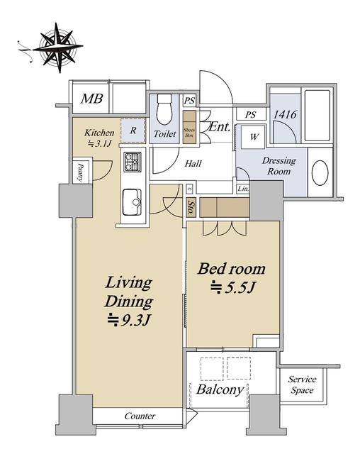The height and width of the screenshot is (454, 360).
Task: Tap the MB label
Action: point(92,99)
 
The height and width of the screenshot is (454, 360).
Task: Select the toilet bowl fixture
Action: point(164,109)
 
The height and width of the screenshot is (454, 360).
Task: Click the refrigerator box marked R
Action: point(133,131)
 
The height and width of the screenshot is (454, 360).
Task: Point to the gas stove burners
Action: point(133,162)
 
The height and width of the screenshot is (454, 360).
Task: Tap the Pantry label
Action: point(80,172)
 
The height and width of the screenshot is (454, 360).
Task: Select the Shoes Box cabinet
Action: point(189,127)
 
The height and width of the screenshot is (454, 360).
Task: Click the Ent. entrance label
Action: point(220,126)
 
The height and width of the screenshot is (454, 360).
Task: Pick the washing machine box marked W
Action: point(254,137)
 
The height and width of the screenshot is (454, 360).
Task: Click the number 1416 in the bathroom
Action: point(285,114)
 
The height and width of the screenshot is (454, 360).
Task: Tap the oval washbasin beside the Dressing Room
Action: point(320,172)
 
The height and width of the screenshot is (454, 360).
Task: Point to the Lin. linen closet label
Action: point(243,189)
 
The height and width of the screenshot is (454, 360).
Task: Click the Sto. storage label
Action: point(191,207)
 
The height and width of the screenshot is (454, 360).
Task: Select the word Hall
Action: point(193,164)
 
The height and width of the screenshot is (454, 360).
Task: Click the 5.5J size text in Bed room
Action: point(233,288)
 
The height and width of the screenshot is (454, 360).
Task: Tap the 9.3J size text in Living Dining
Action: point(129,320)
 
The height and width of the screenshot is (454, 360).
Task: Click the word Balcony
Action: point(220,389)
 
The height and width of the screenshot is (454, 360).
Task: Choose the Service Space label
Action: point(302,384)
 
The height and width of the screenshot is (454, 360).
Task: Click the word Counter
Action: point(140,416)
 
